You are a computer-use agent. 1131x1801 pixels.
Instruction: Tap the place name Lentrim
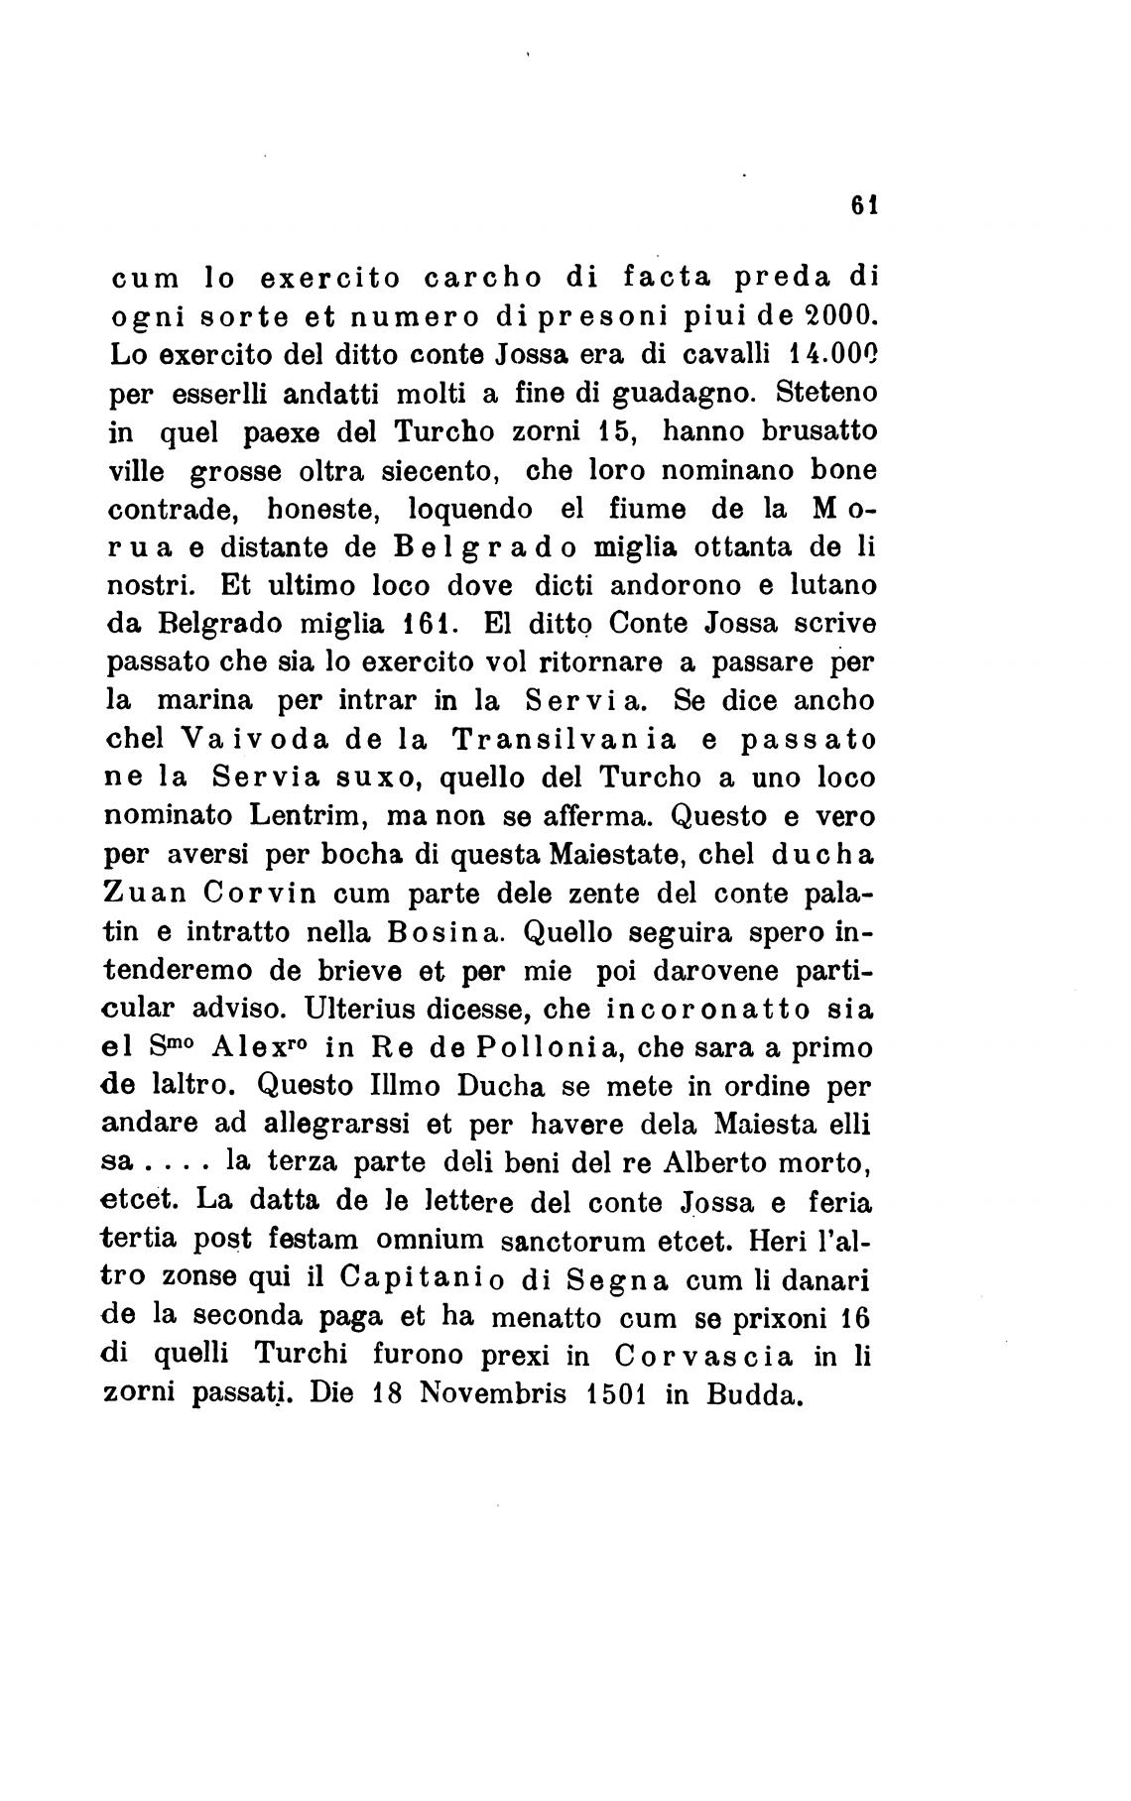click(302, 817)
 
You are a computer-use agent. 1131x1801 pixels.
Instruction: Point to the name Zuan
click(145, 894)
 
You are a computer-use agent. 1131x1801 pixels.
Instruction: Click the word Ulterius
click(360, 1010)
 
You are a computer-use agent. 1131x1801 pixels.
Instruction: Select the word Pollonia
click(549, 1048)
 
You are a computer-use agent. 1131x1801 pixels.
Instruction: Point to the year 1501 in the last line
click(615, 1393)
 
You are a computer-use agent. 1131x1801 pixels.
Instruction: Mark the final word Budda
click(753, 1393)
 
